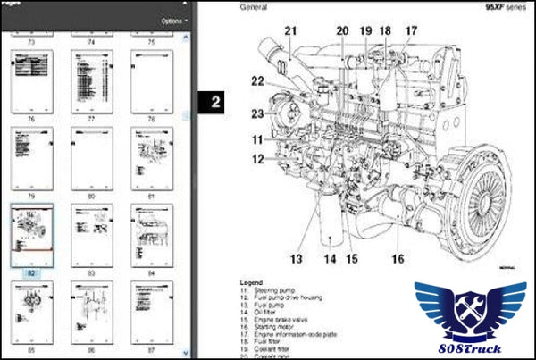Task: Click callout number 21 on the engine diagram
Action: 289,32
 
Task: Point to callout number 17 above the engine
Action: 410,31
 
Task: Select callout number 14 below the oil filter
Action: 331,260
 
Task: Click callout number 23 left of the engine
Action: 257,113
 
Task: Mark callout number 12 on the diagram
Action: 257,159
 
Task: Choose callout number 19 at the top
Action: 364,31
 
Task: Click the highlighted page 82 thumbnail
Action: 31,234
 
